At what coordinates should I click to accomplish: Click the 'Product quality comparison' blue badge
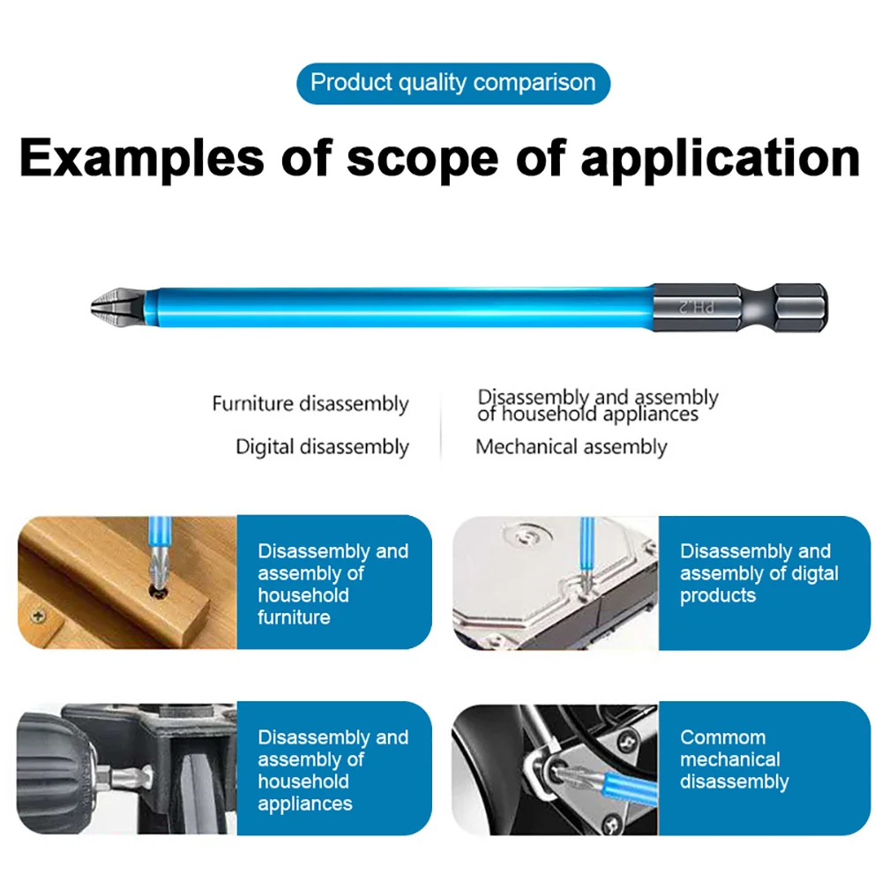[453, 83]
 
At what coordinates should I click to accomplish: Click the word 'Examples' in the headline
[141, 159]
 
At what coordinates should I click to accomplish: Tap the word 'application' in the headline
[720, 159]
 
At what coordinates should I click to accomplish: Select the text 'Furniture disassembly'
[310, 404]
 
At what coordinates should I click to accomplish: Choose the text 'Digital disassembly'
[322, 446]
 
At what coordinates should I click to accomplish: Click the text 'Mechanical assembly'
[571, 446]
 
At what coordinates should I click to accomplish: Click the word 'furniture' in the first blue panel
[294, 617]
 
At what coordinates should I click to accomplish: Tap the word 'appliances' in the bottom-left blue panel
[304, 804]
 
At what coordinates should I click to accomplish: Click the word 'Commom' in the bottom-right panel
[722, 737]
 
